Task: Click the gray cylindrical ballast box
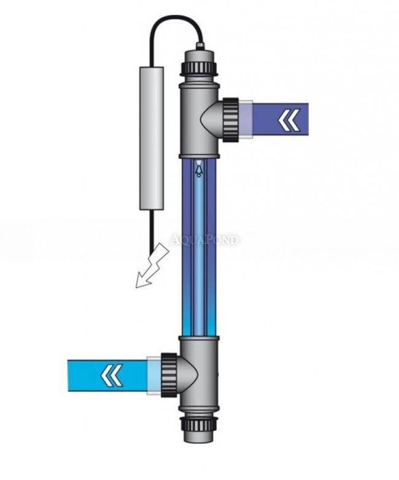pos(152,138)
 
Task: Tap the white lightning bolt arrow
pos(150,266)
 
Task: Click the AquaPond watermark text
pos(204,239)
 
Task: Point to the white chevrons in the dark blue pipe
pos(289,119)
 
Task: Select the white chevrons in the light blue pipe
pos(112,375)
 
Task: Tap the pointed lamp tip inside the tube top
pos(198,167)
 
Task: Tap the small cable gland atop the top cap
pos(199,45)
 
